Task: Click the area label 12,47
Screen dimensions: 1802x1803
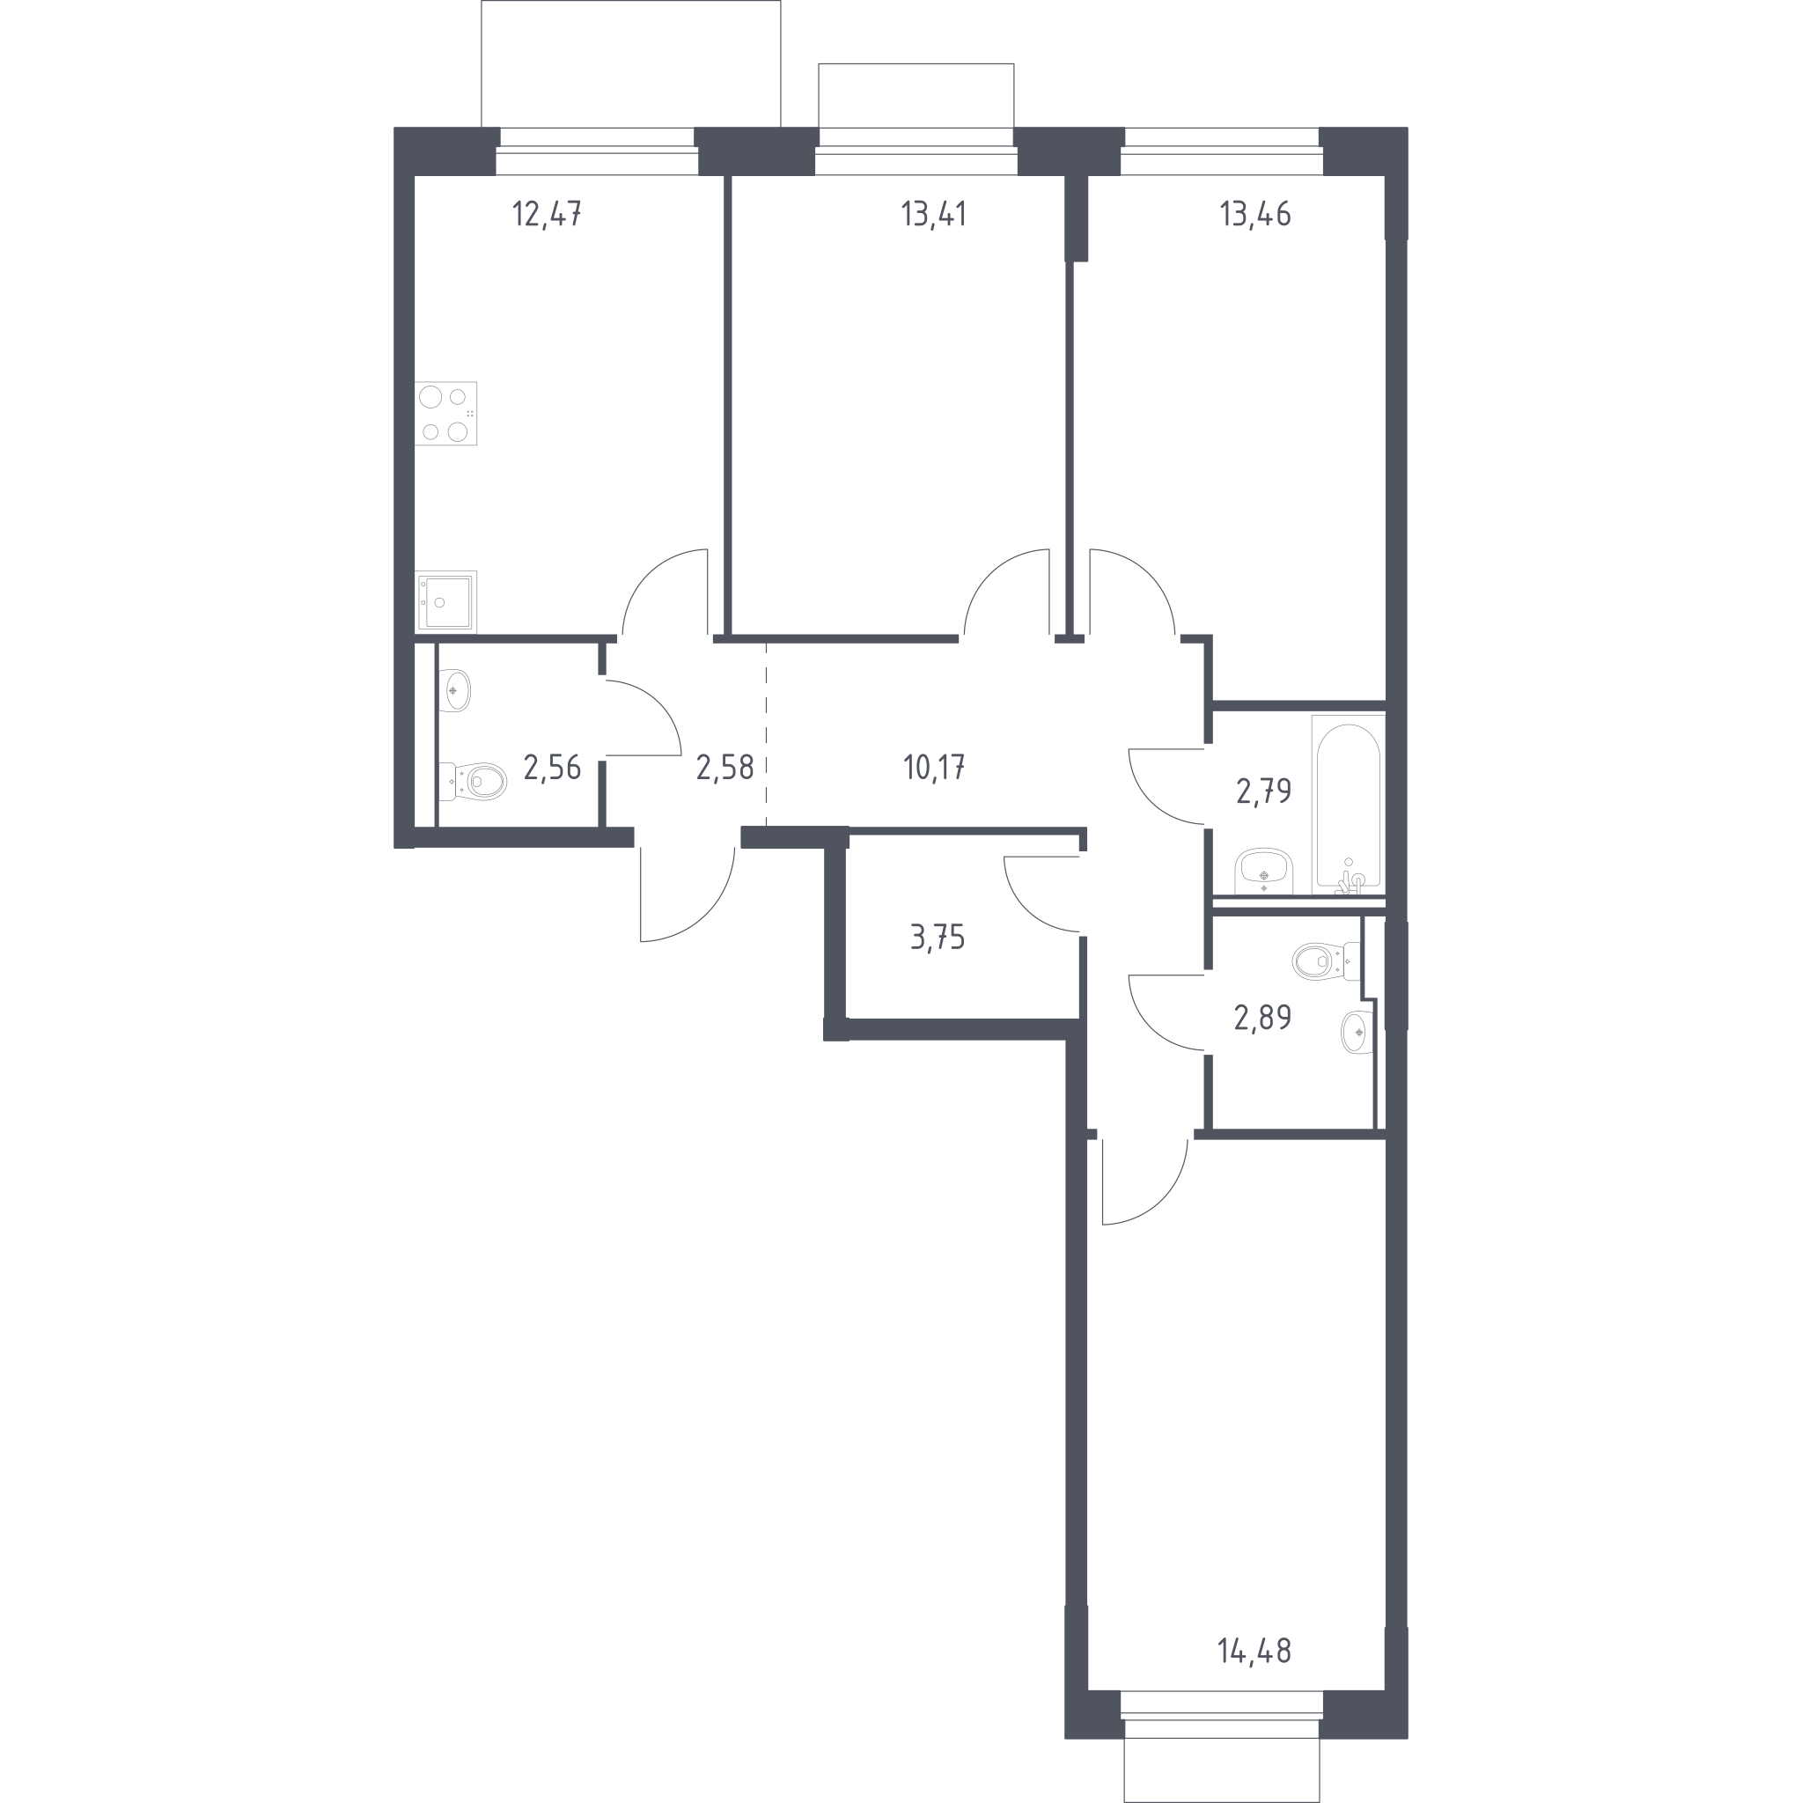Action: pos(547,215)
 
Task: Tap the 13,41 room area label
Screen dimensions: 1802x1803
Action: pos(933,215)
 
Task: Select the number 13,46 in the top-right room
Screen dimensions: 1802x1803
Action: pos(1255,215)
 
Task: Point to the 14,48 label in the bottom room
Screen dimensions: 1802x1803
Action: pos(1255,1651)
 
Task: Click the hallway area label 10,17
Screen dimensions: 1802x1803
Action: pos(934,767)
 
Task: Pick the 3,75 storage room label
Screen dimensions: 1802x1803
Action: pos(938,937)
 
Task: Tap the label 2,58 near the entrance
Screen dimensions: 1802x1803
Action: pos(725,767)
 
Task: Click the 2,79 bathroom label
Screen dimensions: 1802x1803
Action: pos(1263,791)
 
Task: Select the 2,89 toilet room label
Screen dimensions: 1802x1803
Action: pos(1262,1017)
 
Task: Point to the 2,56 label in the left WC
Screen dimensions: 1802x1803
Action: pos(553,767)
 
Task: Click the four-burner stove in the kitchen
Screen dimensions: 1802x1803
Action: pos(446,414)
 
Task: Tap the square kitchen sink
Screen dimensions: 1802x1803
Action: pos(446,602)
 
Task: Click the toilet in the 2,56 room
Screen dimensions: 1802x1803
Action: pos(476,781)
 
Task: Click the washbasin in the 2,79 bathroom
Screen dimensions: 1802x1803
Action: pos(1263,869)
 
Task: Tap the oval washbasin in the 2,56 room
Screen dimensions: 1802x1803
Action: pos(454,691)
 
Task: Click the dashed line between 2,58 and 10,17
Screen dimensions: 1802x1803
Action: pos(767,734)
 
